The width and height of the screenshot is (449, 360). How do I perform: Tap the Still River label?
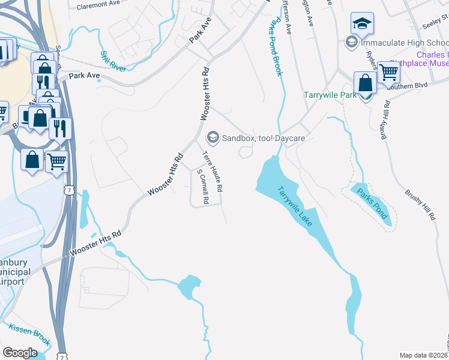click(113, 61)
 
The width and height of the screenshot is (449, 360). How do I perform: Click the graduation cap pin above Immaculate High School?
click(362, 24)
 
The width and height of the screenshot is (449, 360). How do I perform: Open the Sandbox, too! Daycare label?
click(264, 138)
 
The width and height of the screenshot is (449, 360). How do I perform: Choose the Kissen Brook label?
click(29, 334)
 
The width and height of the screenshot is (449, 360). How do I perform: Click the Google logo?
click(20, 353)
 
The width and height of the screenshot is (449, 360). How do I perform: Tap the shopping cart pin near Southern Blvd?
click(388, 72)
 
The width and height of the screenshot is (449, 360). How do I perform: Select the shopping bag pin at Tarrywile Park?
click(365, 84)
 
